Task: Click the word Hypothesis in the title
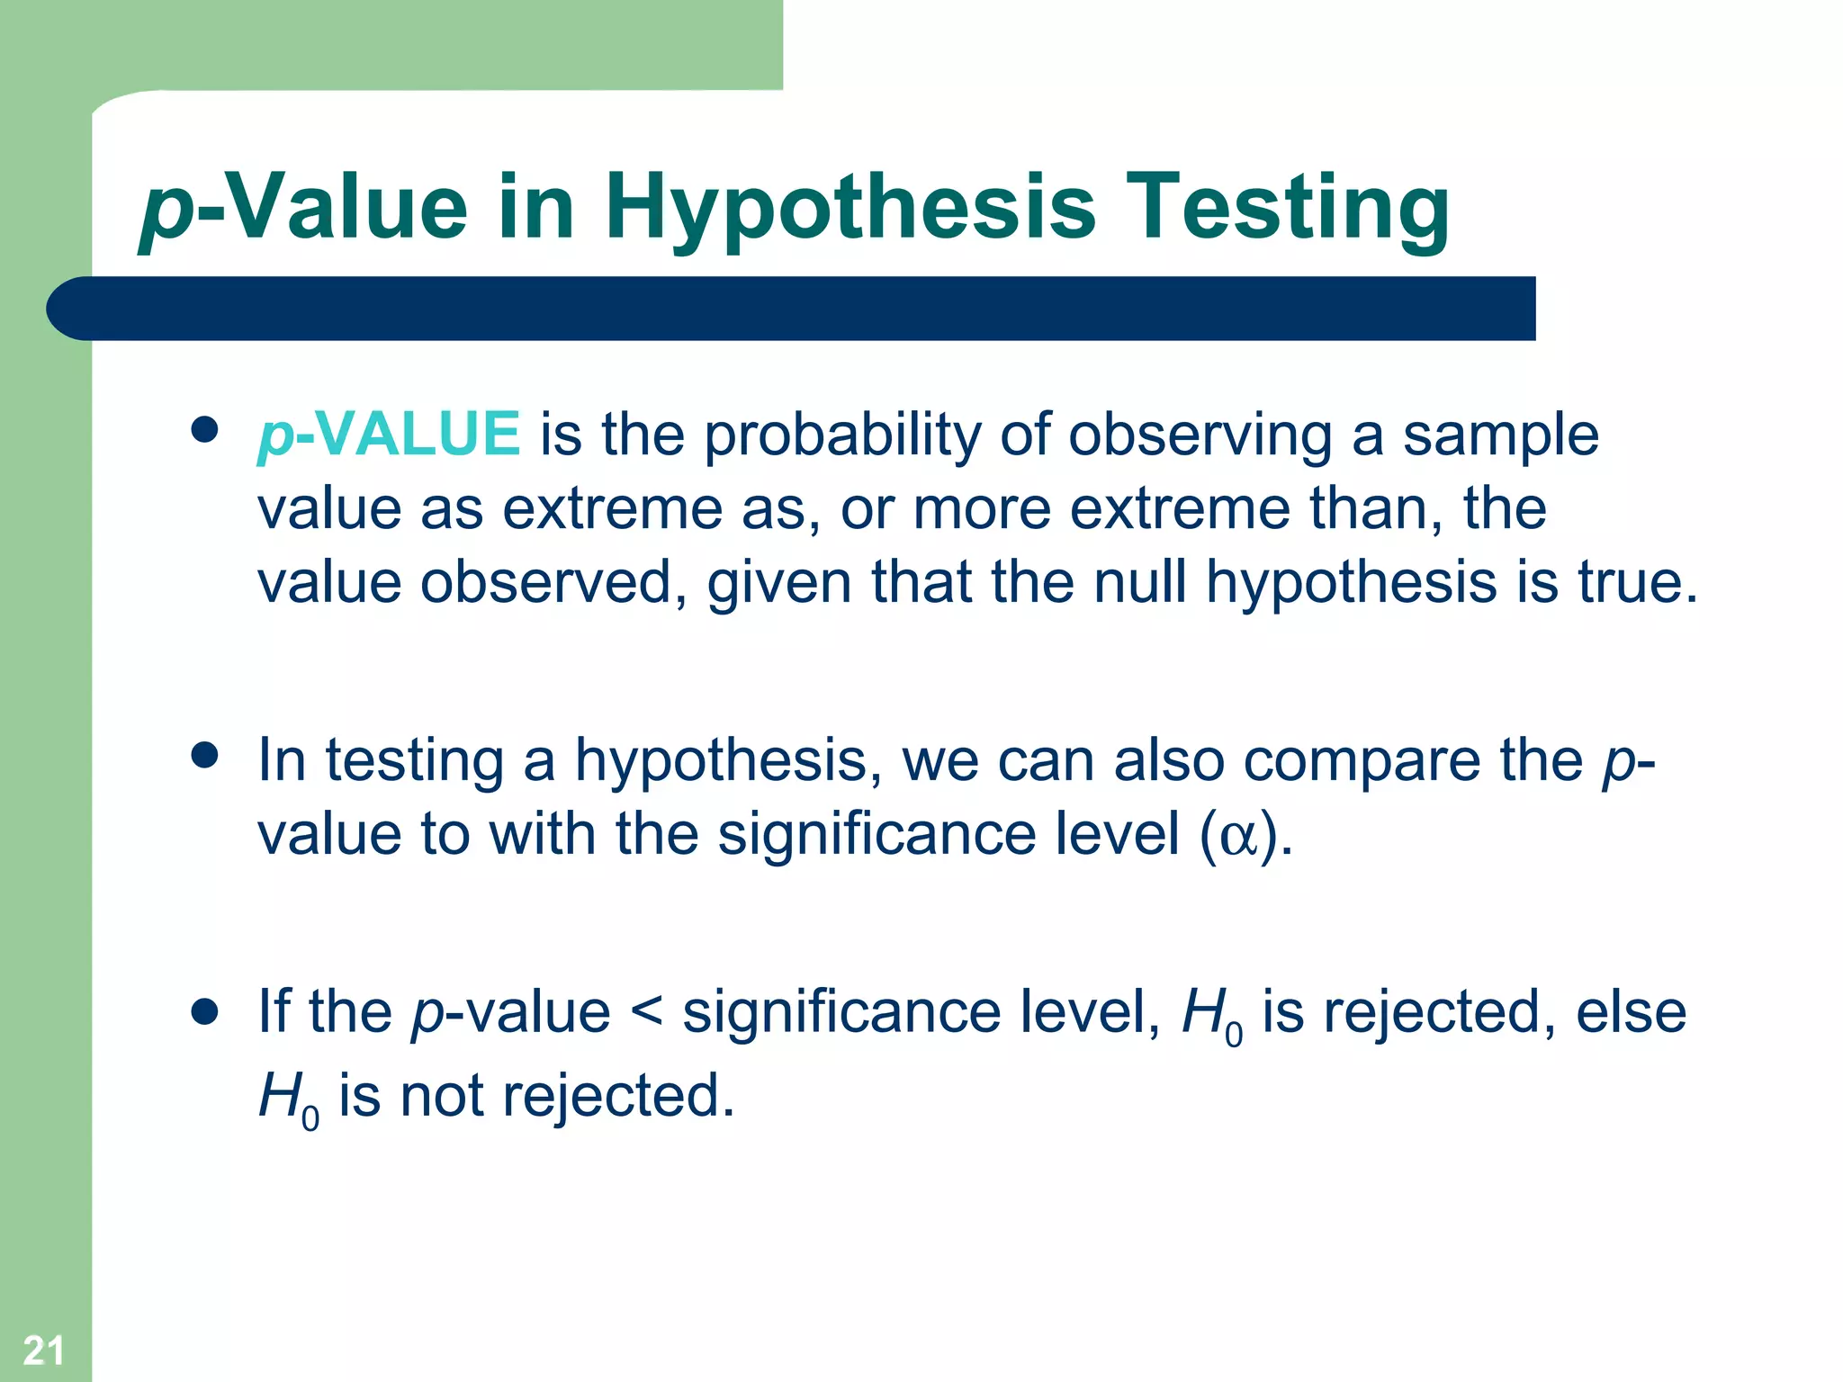point(850,209)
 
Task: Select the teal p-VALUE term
point(389,434)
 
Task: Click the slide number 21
point(43,1351)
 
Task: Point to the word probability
point(841,435)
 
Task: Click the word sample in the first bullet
point(1500,435)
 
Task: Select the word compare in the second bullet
point(1362,761)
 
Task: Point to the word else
point(1631,1012)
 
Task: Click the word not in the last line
point(442,1096)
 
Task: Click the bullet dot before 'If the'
point(205,1011)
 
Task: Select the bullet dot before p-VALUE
point(205,429)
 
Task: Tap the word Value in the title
point(345,209)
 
